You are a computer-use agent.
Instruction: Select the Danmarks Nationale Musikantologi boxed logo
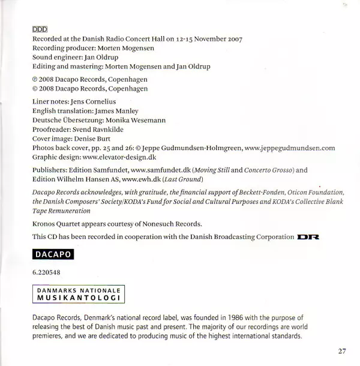pyautogui.click(x=77, y=294)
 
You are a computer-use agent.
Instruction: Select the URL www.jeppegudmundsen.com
pyautogui.click(x=290, y=147)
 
